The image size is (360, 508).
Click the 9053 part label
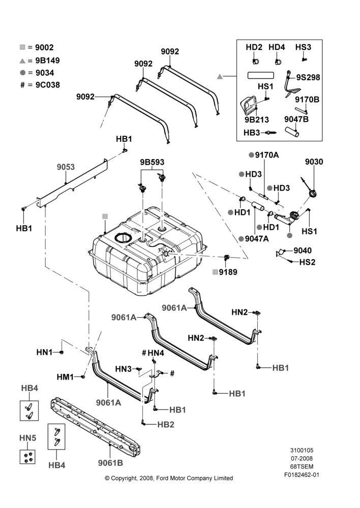66,167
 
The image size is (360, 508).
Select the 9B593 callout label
152,162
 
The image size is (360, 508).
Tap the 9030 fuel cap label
314,162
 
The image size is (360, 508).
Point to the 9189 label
228,272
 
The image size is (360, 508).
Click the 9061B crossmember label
111,463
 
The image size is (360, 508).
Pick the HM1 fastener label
65,377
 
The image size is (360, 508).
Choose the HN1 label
44,352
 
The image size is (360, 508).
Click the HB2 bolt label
166,424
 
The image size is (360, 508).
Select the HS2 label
307,262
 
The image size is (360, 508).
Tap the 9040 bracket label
303,250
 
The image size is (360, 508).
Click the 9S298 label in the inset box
308,77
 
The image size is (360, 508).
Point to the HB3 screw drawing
271,132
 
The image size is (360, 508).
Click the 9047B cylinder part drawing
292,131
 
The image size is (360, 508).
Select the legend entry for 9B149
40,60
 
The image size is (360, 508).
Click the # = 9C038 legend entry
40,85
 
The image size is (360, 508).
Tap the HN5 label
27,438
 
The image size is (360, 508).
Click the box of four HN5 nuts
27,457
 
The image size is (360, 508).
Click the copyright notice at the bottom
169,478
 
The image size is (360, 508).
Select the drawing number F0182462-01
302,475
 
